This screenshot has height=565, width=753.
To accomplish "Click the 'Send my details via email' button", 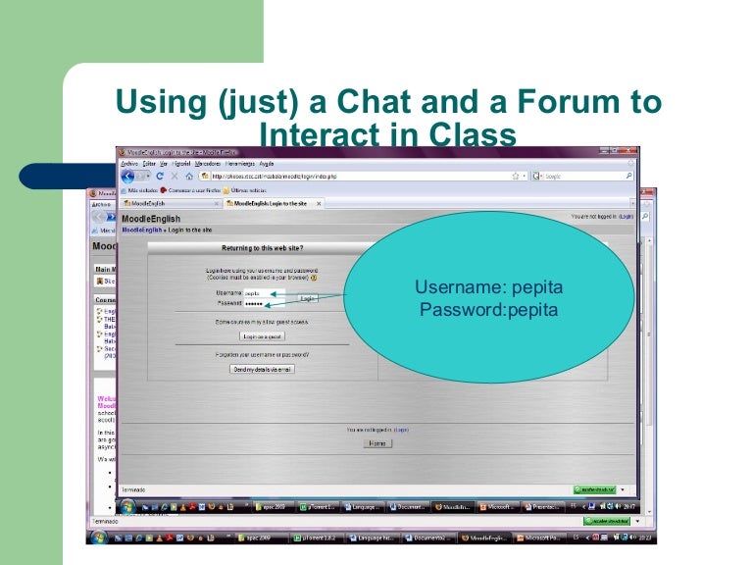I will click(x=262, y=370).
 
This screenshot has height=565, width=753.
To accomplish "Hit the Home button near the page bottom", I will click(x=377, y=443).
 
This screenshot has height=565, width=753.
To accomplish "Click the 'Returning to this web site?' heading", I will click(x=263, y=250).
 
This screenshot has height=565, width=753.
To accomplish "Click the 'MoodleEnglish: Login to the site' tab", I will click(x=270, y=203).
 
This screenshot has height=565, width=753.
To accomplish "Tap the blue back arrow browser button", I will click(x=127, y=177).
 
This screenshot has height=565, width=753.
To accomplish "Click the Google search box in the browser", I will click(x=586, y=177).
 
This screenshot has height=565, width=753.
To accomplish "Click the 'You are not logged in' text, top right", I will click(x=601, y=216).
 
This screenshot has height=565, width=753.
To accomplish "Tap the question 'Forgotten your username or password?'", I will click(x=263, y=354).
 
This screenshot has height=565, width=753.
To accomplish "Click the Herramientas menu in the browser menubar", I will click(x=239, y=163).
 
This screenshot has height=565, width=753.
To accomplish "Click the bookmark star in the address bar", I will click(x=515, y=177).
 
